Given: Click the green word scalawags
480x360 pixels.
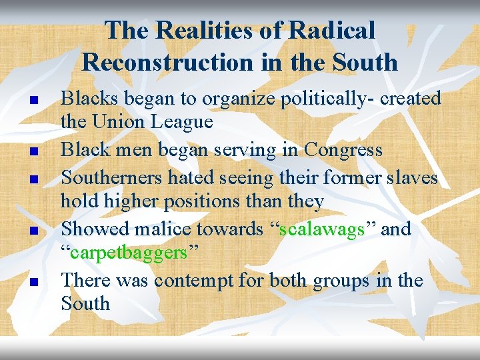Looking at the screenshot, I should (x=322, y=229).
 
